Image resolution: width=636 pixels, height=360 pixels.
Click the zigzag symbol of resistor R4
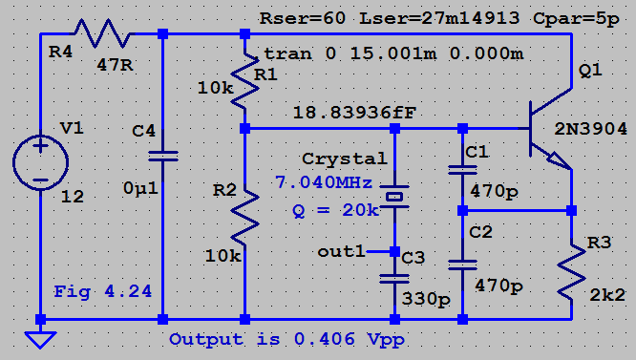point(102,33)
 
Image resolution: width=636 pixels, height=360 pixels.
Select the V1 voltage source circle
point(40,162)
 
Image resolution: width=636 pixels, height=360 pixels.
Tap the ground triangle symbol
point(40,340)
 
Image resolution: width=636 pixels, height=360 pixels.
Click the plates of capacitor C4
point(162,157)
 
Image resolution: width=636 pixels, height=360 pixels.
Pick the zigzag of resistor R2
point(244,217)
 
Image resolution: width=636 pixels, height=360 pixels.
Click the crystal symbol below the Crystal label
point(394,197)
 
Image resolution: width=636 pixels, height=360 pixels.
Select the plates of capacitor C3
point(394,279)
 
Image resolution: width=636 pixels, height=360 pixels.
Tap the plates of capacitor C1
point(462,169)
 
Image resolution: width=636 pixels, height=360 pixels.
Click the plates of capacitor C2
point(462,265)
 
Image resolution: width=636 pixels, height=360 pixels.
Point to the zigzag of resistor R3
point(571,271)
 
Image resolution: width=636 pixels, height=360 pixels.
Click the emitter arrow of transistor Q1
point(560,160)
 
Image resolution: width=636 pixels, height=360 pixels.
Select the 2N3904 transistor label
point(590,129)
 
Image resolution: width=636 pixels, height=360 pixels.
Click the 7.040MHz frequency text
point(324,182)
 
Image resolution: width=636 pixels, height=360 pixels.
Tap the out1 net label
point(342,252)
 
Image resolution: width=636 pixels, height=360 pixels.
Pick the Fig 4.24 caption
point(102,291)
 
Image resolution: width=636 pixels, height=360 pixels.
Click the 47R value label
point(115,65)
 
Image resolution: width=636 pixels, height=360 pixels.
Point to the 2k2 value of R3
point(607,295)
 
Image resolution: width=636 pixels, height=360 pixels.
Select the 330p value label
point(426,299)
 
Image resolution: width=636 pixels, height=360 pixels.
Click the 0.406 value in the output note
point(325,338)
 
